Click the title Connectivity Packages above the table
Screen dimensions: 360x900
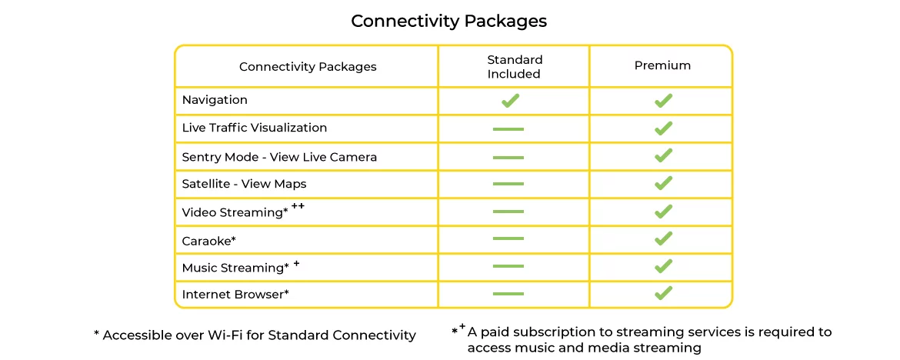point(448,21)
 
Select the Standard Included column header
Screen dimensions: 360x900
point(514,67)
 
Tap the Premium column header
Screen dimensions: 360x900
point(662,66)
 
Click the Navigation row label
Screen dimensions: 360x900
point(215,100)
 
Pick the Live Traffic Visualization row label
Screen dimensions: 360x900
point(255,128)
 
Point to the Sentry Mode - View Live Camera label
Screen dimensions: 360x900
point(279,157)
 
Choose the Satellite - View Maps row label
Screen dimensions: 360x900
point(244,184)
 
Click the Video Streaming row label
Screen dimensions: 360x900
point(235,212)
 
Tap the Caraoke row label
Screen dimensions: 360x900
point(208,241)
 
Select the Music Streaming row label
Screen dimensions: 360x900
point(235,268)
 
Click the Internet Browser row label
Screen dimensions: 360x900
point(235,294)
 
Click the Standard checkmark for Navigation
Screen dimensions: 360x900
point(510,101)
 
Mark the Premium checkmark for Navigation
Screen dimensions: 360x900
point(663,101)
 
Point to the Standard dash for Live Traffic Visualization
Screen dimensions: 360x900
point(508,128)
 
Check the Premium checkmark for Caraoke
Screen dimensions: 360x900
point(663,238)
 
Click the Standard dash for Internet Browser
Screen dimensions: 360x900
point(508,294)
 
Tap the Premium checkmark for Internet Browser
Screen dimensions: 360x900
point(663,293)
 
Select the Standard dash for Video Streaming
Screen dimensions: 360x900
point(508,212)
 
